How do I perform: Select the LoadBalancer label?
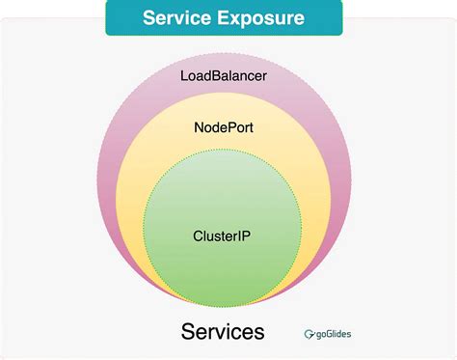pyautogui.click(x=223, y=74)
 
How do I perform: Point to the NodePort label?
pyautogui.click(x=223, y=126)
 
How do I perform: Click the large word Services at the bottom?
pyautogui.click(x=223, y=333)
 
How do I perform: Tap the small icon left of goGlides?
pyautogui.click(x=310, y=335)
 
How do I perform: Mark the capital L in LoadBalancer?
pyautogui.click(x=184, y=74)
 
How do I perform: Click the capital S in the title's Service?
pyautogui.click(x=148, y=18)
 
